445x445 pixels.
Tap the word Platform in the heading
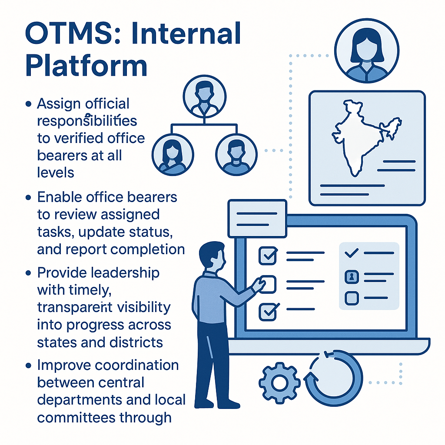pyautogui.click(x=86, y=66)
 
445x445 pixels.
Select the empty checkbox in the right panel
pyautogui.click(x=351, y=298)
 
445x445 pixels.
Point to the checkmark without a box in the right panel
pyautogui.click(x=351, y=253)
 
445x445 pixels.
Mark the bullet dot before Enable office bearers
pyautogui.click(x=29, y=198)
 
